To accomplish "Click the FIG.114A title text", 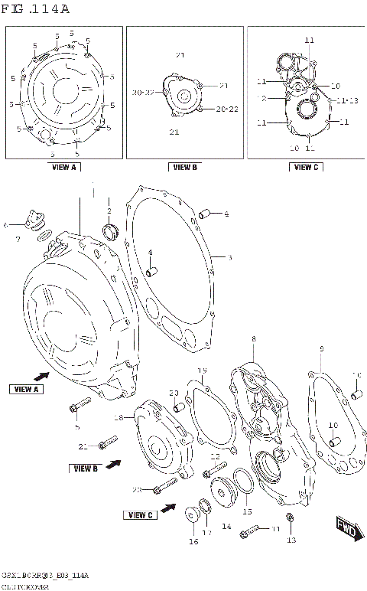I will tap(37, 9).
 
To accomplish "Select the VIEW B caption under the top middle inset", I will tap(184, 167).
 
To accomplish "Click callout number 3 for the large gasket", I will tap(229, 258).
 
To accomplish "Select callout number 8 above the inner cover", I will tap(254, 339).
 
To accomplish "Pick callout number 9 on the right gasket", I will tap(322, 350).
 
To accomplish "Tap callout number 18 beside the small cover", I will tap(119, 417).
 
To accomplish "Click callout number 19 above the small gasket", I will tap(203, 372).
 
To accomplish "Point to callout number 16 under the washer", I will tap(193, 542).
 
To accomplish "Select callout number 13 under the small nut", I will tap(291, 540).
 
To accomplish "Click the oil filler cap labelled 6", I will tap(31, 220).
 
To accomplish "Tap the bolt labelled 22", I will tap(164, 485).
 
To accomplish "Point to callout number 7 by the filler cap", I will tap(17, 240).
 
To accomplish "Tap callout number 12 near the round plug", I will tap(215, 456).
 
